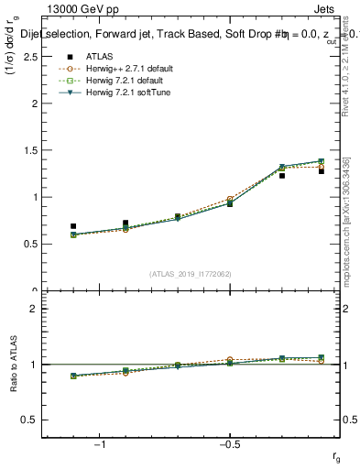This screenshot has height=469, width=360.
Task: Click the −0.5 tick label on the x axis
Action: pyautogui.click(x=228, y=445)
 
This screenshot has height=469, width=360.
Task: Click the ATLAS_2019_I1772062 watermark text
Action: pyautogui.click(x=191, y=273)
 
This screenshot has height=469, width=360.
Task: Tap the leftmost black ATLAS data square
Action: pyautogui.click(x=73, y=225)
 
